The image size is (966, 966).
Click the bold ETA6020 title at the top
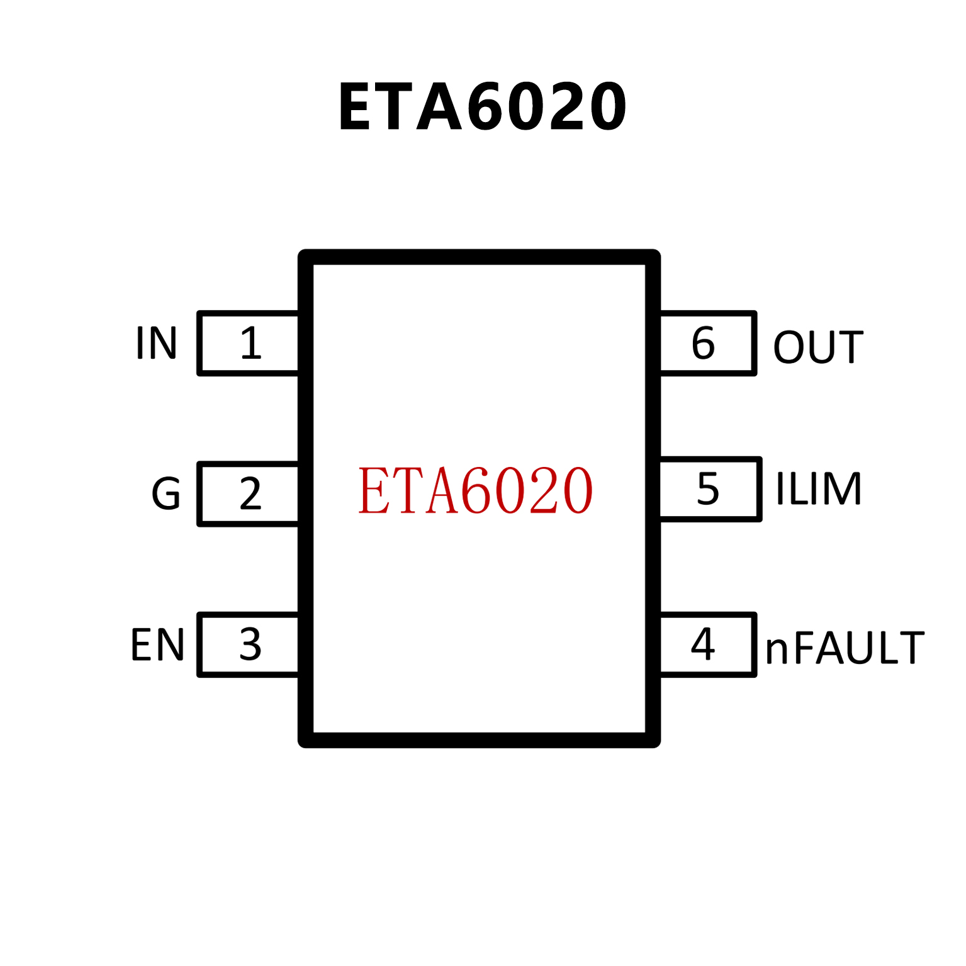coord(482,107)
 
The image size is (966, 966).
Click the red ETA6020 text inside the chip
coord(475,490)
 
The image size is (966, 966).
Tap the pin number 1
coord(250,344)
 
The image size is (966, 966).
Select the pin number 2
coord(250,494)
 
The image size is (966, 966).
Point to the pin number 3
coord(250,644)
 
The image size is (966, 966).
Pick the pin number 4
coord(703,644)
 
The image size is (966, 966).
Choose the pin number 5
coord(708,489)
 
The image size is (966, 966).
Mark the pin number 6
coord(703,344)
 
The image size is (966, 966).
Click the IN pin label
coord(156,344)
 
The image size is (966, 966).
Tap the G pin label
coord(166,494)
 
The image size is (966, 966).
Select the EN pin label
coord(157,645)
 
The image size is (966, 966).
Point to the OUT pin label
coord(818,347)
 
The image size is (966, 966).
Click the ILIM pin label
coord(818,488)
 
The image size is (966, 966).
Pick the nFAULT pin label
coord(845,648)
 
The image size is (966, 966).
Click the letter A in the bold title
coord(439,107)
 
